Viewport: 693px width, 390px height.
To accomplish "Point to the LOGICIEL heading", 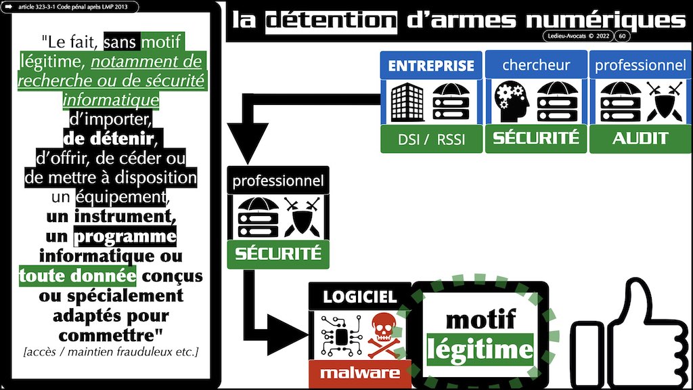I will pyautogui.click(x=359, y=296).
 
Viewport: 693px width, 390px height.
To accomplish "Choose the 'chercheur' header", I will pyautogui.click(x=536, y=66).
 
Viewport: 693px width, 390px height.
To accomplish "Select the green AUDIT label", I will pyautogui.click(x=640, y=138).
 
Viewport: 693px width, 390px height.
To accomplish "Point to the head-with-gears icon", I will pyautogui.click(x=512, y=102).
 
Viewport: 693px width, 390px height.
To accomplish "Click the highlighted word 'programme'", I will pyautogui.click(x=125, y=237).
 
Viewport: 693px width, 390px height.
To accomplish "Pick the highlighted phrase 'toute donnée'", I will pyautogui.click(x=77, y=276).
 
